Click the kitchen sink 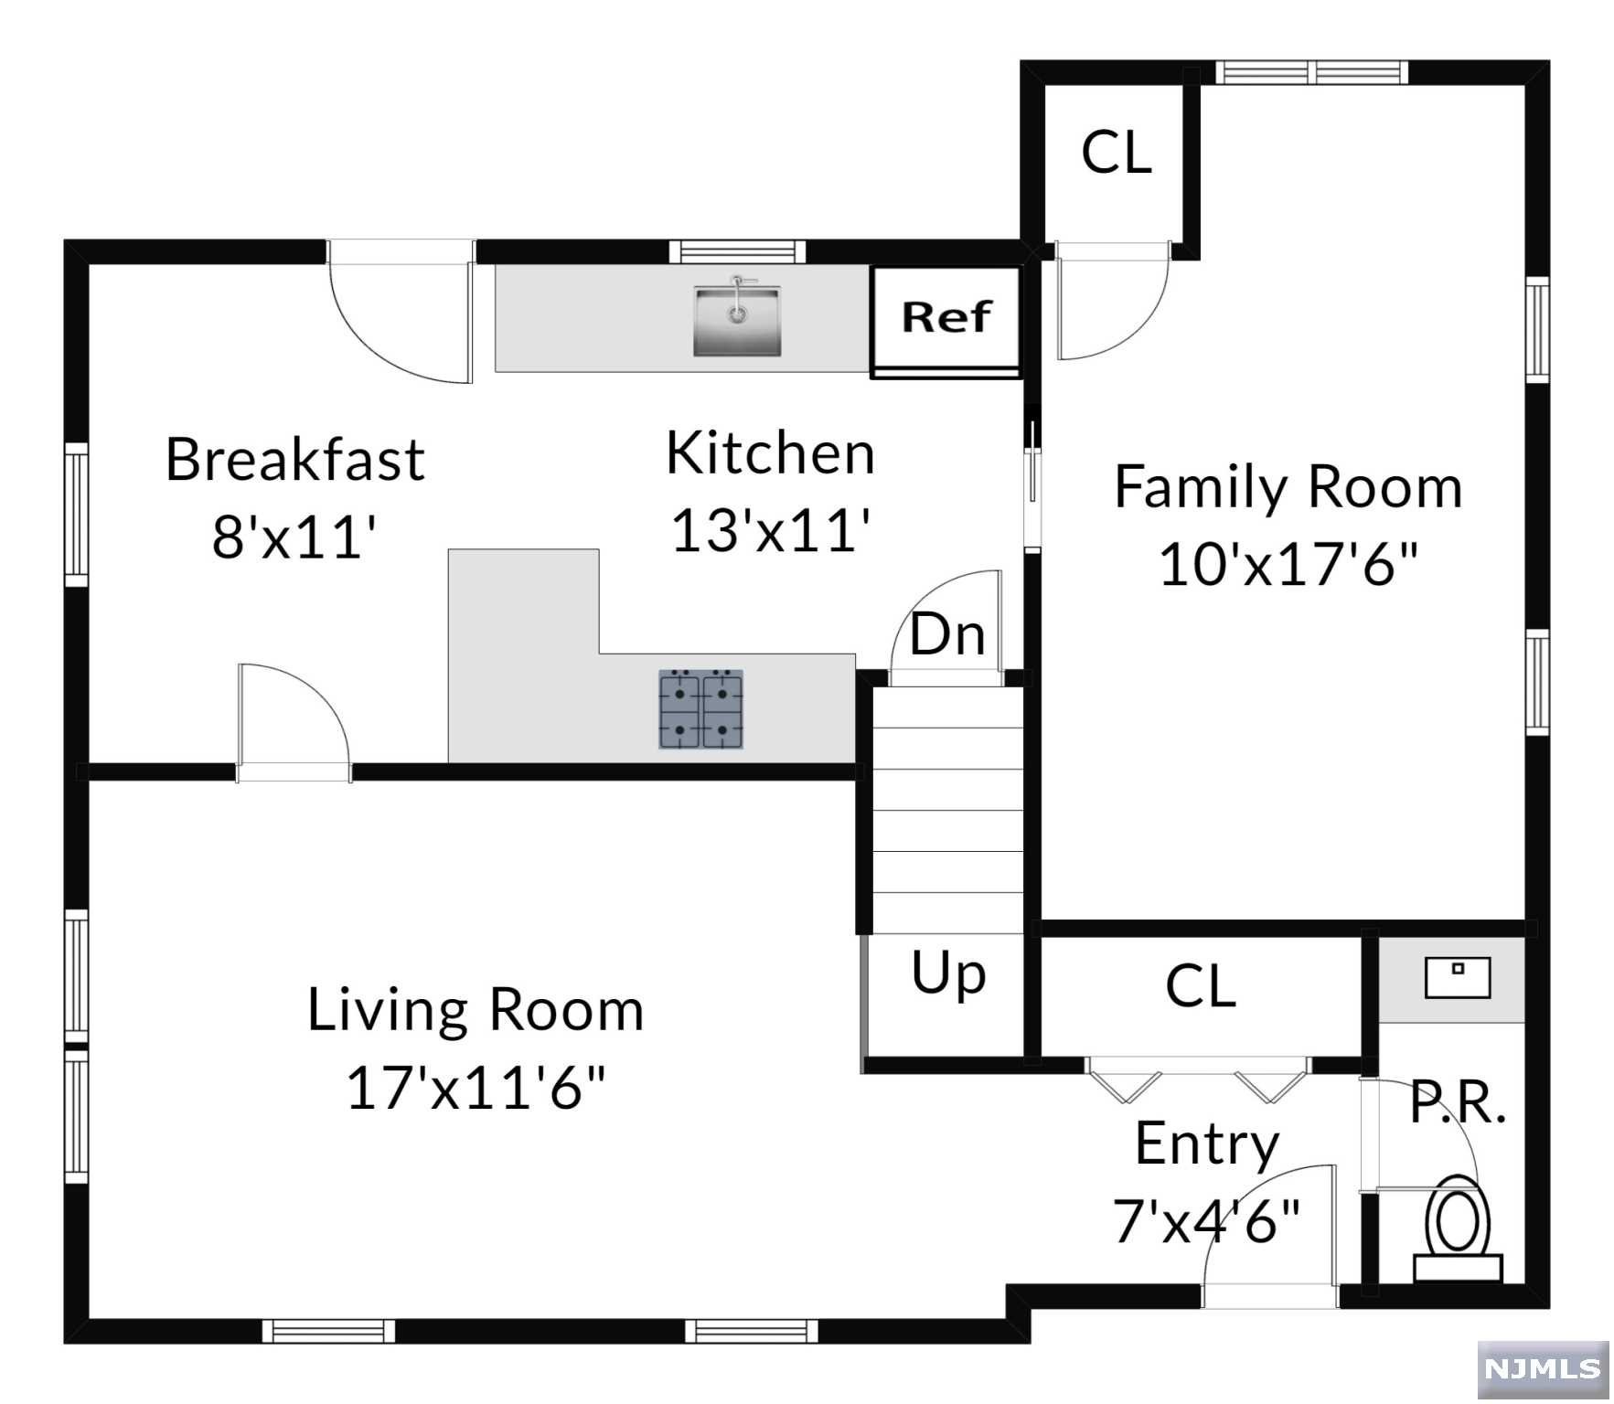[x=737, y=318]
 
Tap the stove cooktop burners [x=701, y=709]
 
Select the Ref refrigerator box [x=946, y=321]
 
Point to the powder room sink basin [x=1458, y=977]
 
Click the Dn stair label [x=947, y=634]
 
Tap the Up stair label [x=948, y=974]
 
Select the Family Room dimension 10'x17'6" [x=1288, y=564]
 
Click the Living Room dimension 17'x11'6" [x=476, y=1088]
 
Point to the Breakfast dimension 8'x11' [x=294, y=536]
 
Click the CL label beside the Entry [x=1201, y=986]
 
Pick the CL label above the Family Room [x=1117, y=152]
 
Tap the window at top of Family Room [x=1312, y=72]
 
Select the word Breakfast [x=294, y=459]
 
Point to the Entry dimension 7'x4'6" [x=1206, y=1220]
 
